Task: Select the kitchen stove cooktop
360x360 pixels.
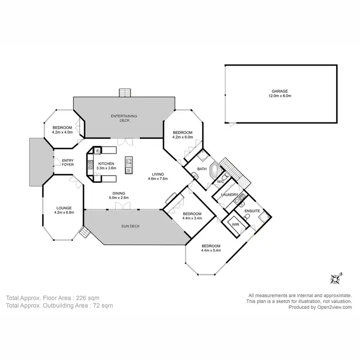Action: [x=90, y=166]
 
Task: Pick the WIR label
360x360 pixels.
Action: [x=235, y=224]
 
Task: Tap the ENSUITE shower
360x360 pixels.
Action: [x=263, y=218]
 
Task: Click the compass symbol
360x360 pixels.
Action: [x=336, y=278]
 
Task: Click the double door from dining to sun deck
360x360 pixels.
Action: [x=122, y=206]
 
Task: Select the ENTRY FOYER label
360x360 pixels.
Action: [x=63, y=162]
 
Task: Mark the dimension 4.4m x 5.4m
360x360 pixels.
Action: [x=211, y=250]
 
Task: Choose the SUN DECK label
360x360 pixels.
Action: [x=130, y=226]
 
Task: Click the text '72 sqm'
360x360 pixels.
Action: [x=103, y=305]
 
